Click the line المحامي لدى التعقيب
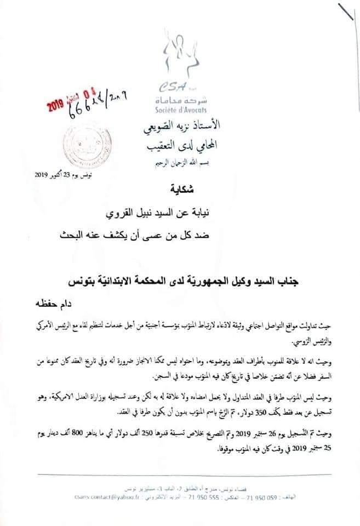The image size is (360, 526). [181, 146]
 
